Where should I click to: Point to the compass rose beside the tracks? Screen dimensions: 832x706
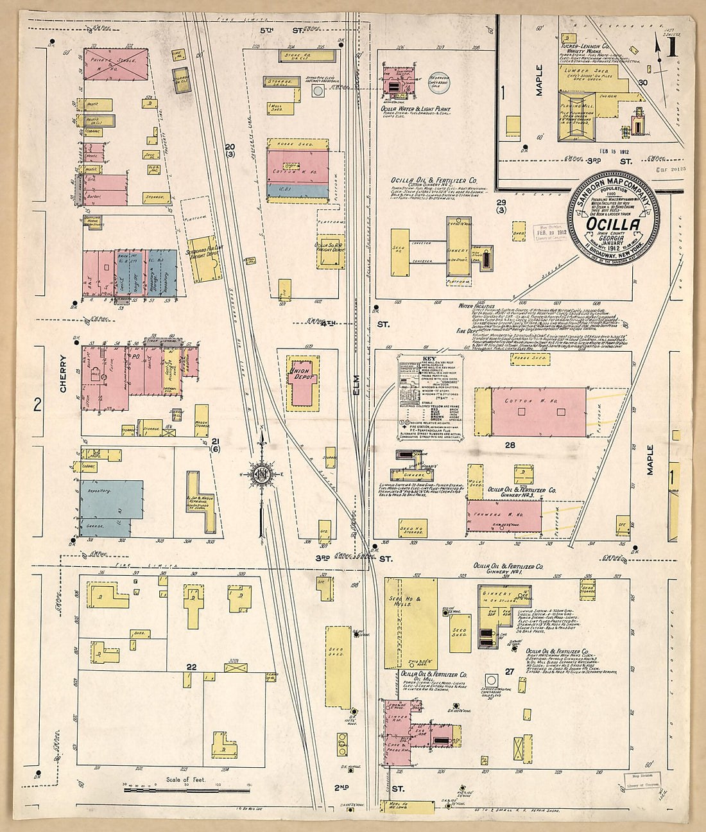click(262, 474)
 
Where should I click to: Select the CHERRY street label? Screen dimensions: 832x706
click(63, 374)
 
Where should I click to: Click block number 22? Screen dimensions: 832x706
click(191, 667)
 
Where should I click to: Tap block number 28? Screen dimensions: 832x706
click(510, 444)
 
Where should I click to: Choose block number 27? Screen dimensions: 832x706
click(510, 672)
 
